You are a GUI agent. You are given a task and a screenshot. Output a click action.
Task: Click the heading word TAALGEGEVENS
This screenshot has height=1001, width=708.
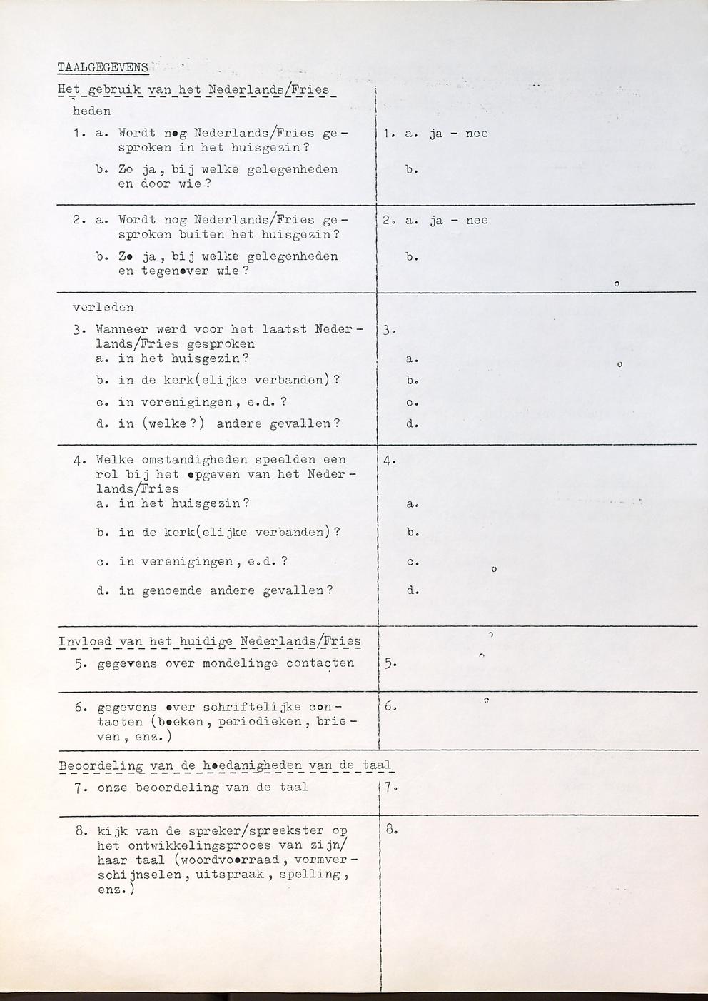pyautogui.click(x=103, y=68)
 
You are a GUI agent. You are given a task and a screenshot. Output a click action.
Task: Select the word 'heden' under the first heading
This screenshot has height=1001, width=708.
pyautogui.click(x=92, y=111)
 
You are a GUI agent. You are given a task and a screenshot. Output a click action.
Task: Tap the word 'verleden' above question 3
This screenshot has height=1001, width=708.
pyautogui.click(x=103, y=308)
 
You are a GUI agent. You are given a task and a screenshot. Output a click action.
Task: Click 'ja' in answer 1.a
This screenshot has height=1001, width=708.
pyautogui.click(x=437, y=134)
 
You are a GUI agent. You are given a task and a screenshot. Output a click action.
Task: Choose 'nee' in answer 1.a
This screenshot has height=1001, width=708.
pyautogui.click(x=476, y=134)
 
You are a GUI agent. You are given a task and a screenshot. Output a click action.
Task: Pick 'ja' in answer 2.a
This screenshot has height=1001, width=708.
pyautogui.click(x=437, y=221)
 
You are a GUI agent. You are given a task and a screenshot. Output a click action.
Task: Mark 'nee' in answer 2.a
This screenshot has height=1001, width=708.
pyautogui.click(x=476, y=221)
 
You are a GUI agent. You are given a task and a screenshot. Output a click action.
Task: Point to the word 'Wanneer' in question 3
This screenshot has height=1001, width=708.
pyautogui.click(x=122, y=330)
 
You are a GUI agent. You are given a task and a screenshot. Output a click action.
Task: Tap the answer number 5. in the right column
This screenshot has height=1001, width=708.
pyautogui.click(x=390, y=663)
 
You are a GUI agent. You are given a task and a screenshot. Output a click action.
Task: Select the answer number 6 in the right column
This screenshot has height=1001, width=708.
pyautogui.click(x=390, y=707)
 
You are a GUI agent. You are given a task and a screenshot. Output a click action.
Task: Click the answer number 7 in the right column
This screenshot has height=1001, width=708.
pyautogui.click(x=390, y=788)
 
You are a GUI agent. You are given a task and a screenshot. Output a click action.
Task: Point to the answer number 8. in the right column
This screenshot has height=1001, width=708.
pyautogui.click(x=390, y=830)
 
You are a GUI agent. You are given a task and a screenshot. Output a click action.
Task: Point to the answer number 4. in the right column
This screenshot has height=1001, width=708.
pyautogui.click(x=390, y=461)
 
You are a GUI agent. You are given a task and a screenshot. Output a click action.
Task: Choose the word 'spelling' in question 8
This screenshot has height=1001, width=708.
pyautogui.click(x=318, y=875)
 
